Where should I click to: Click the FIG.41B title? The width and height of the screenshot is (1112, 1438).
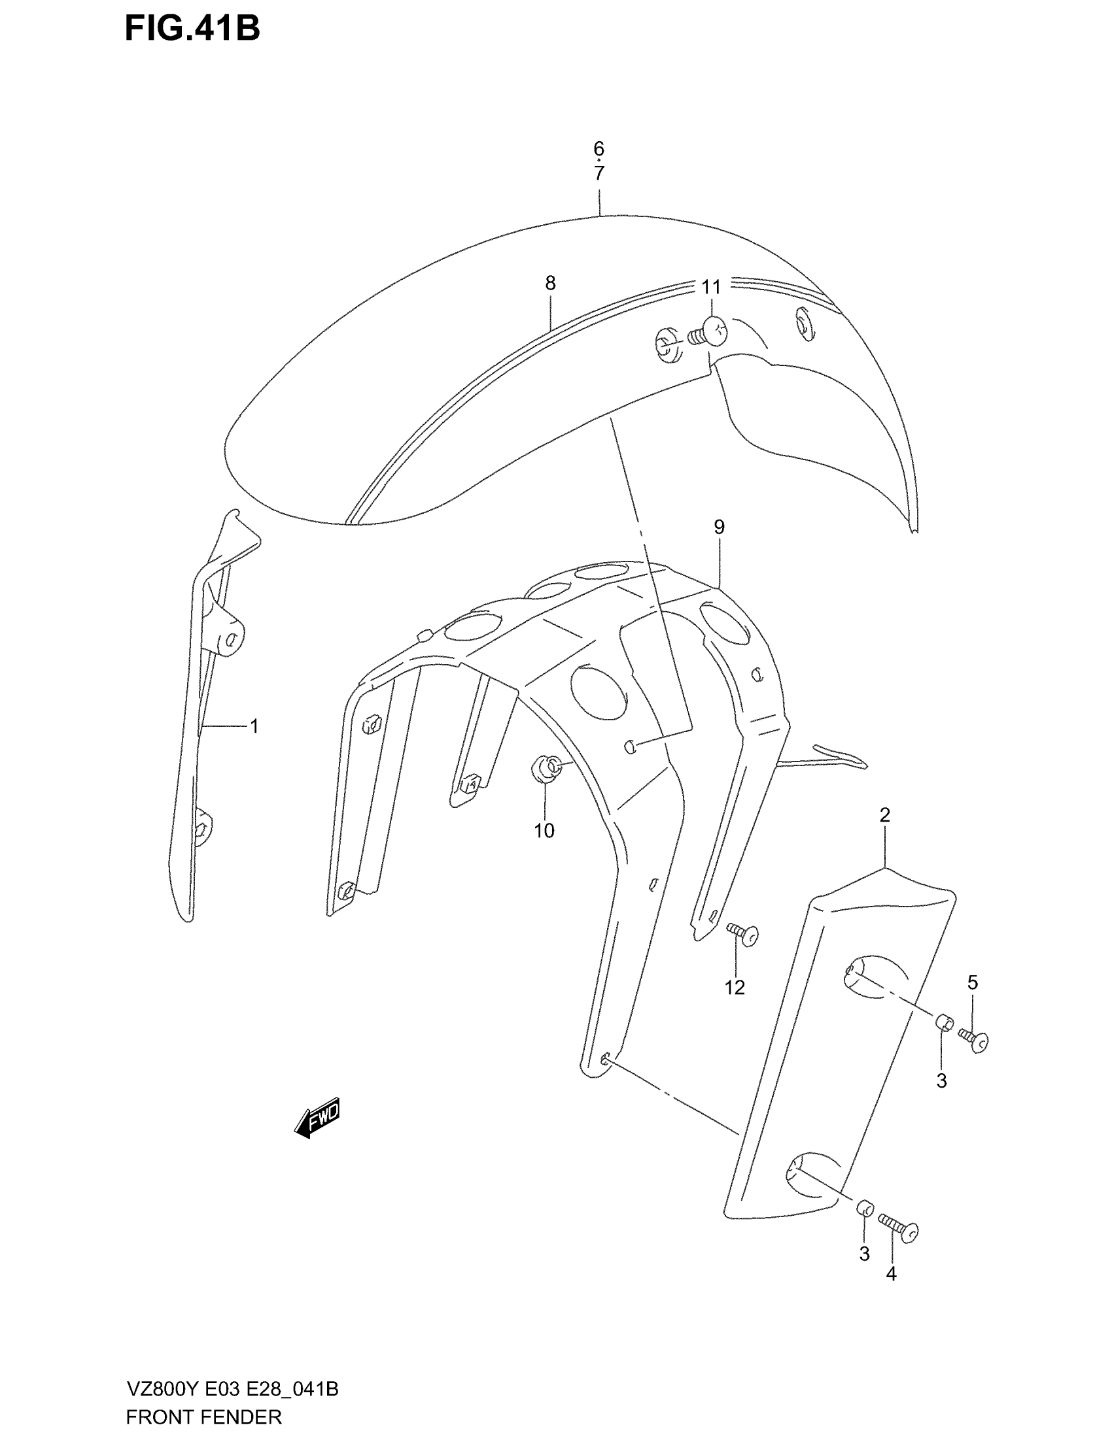click(192, 29)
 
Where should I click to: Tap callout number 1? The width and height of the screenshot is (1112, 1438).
click(254, 726)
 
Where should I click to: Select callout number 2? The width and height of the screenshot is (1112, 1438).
click(885, 815)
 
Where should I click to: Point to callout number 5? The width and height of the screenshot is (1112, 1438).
click(972, 1001)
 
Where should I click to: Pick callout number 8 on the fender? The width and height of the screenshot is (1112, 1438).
click(550, 283)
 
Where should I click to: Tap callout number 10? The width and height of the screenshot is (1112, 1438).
click(544, 831)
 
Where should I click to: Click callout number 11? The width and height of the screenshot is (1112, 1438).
click(711, 287)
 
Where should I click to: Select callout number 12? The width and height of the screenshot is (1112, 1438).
click(735, 1005)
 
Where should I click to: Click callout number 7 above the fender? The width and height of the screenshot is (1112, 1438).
click(598, 174)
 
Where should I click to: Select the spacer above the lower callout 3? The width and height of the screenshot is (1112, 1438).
click(864, 1209)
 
